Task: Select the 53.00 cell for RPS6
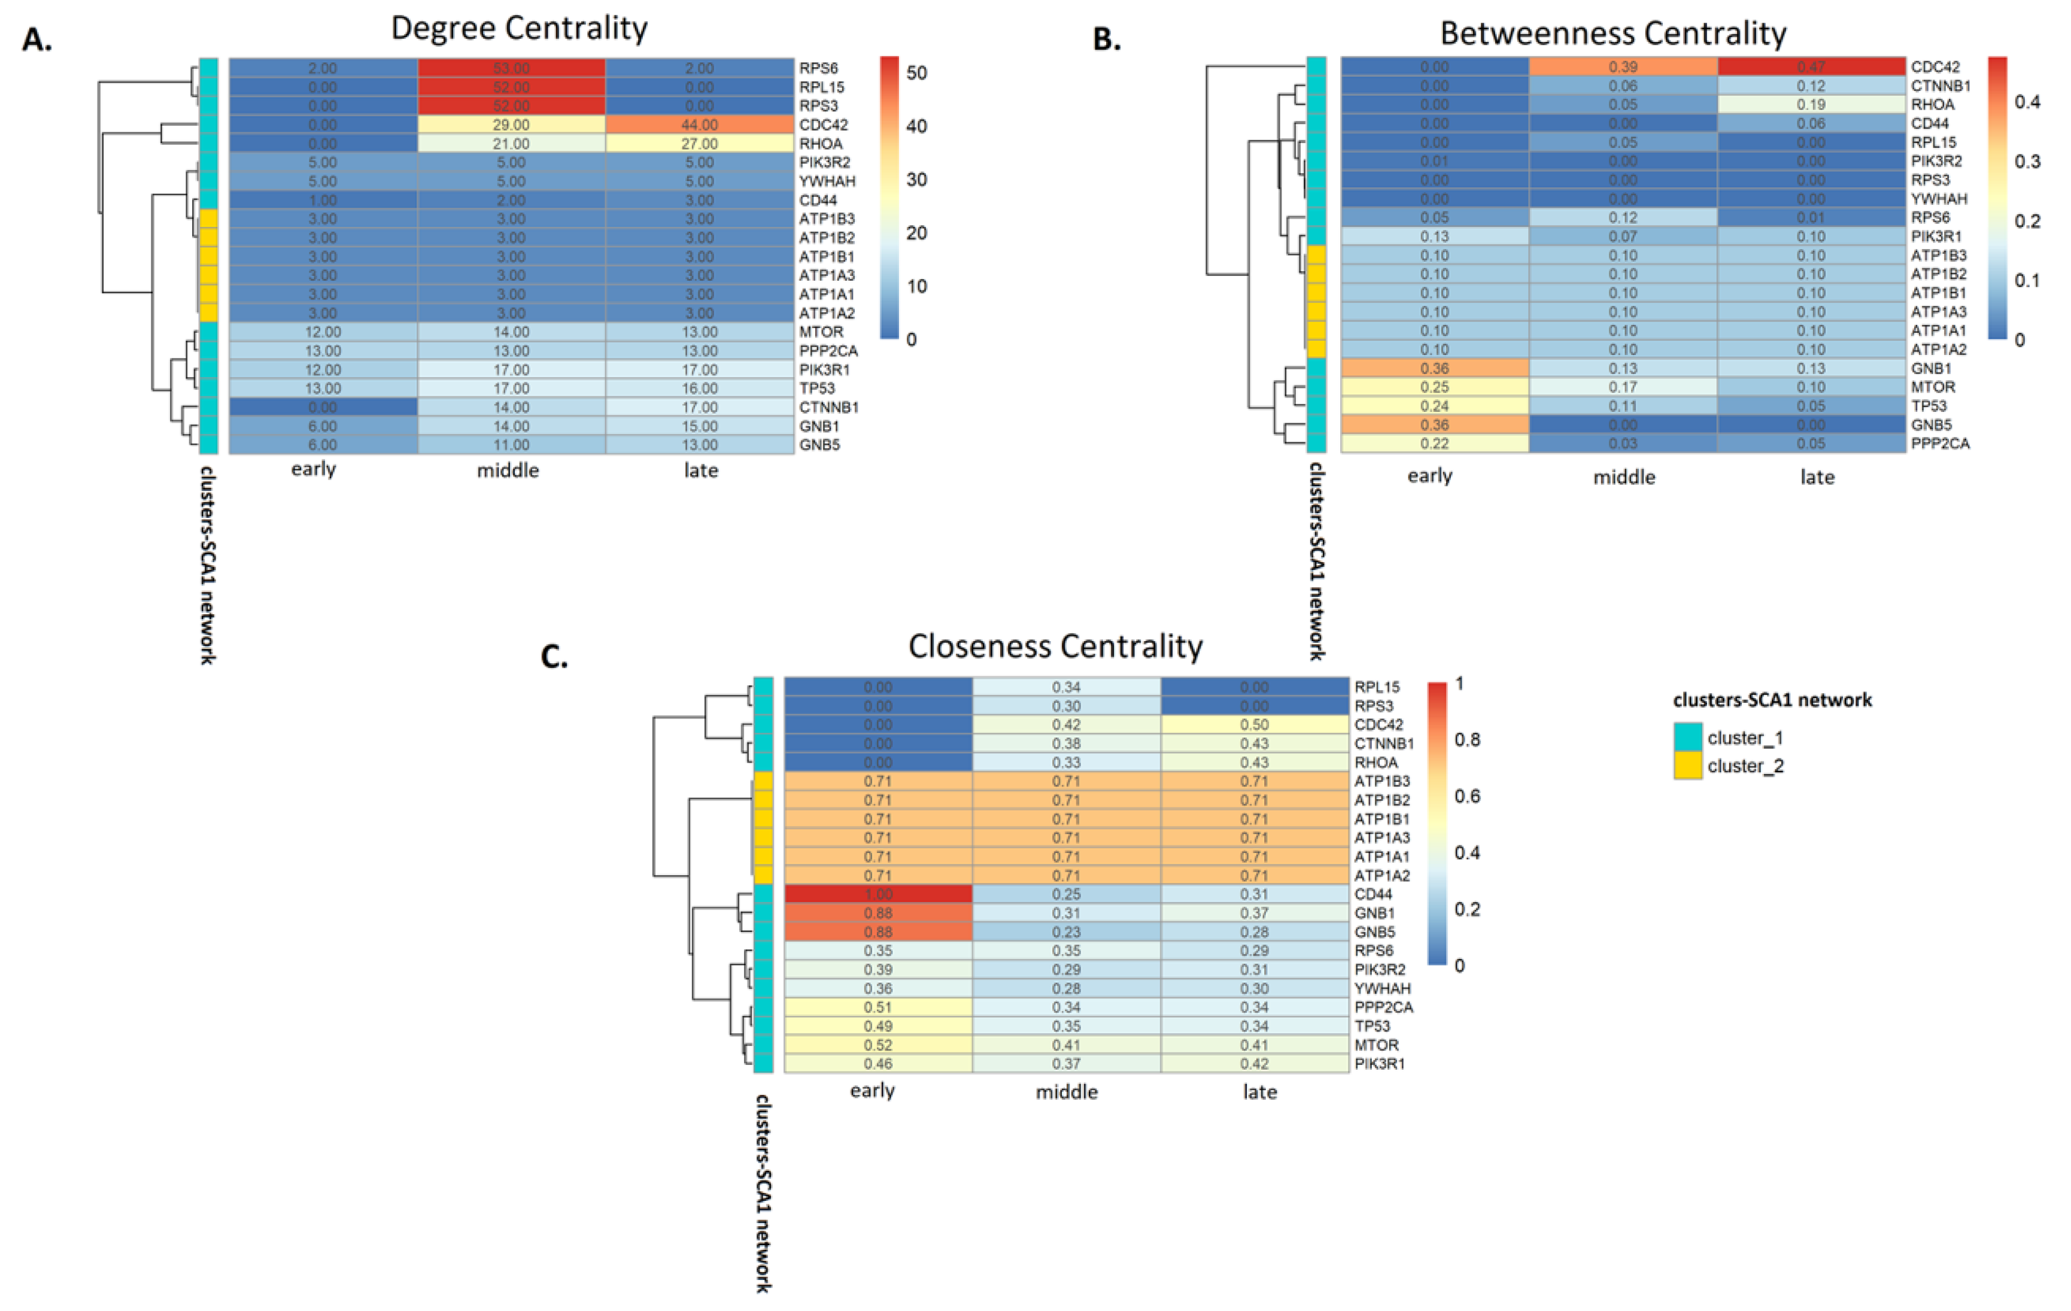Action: point(511,68)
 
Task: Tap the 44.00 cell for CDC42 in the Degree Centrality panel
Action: point(699,125)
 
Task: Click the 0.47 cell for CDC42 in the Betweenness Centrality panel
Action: point(1811,67)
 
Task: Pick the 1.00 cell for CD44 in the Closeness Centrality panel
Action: point(877,894)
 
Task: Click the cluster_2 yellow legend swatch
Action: point(1687,766)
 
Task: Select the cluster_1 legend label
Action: point(1745,738)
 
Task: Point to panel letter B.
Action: point(1107,40)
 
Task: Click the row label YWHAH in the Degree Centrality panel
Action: point(827,181)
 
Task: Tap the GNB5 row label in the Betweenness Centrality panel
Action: point(1931,425)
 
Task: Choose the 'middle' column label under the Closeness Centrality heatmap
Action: point(1067,1092)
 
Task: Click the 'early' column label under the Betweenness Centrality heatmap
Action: point(1429,476)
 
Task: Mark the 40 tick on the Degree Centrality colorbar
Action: point(917,126)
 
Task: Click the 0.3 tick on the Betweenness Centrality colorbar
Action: point(2027,162)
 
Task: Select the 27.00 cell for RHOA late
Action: point(699,144)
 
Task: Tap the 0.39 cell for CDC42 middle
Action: point(1622,67)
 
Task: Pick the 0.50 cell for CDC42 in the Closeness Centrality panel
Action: point(1254,725)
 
